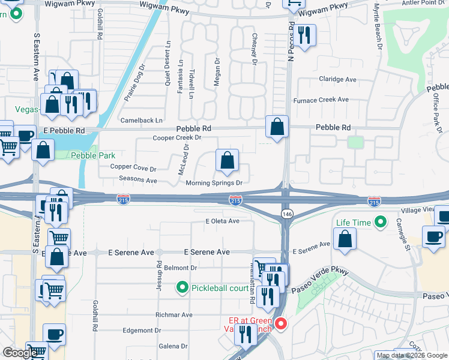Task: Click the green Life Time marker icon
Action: click(379, 223)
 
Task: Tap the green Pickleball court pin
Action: click(184, 288)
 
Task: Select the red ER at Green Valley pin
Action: click(280, 325)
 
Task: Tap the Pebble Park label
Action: click(93, 155)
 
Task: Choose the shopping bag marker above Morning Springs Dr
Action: click(227, 160)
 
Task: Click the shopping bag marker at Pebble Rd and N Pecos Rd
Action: click(277, 127)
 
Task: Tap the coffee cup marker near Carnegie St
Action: click(433, 236)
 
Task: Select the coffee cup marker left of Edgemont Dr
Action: click(54, 334)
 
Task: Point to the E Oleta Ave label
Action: click(222, 221)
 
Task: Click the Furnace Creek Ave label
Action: click(321, 100)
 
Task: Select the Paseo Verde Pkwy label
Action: click(321, 281)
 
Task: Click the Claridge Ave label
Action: click(337, 79)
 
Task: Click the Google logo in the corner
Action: click(20, 353)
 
